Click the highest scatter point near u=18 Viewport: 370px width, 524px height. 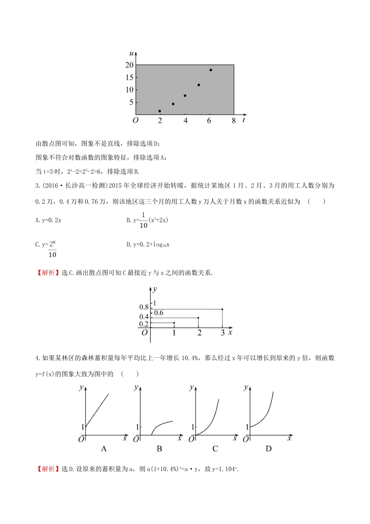point(211,70)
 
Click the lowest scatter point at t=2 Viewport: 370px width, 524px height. point(160,111)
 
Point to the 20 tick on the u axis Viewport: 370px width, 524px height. point(130,65)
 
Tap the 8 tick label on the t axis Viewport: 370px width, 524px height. point(234,121)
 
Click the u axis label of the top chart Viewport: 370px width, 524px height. point(132,53)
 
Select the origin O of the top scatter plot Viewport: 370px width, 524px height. point(135,120)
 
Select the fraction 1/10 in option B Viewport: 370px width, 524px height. point(143,220)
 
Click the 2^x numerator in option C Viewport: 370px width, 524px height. point(52,244)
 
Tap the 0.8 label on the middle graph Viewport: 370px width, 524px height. point(144,307)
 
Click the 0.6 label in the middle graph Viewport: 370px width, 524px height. point(159,313)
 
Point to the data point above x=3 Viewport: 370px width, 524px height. point(222,309)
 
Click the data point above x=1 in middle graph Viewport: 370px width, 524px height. point(174,323)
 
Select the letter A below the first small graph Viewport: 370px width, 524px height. point(104,449)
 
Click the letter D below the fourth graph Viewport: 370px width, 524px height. point(268,449)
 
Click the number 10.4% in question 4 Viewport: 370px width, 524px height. point(190,358)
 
